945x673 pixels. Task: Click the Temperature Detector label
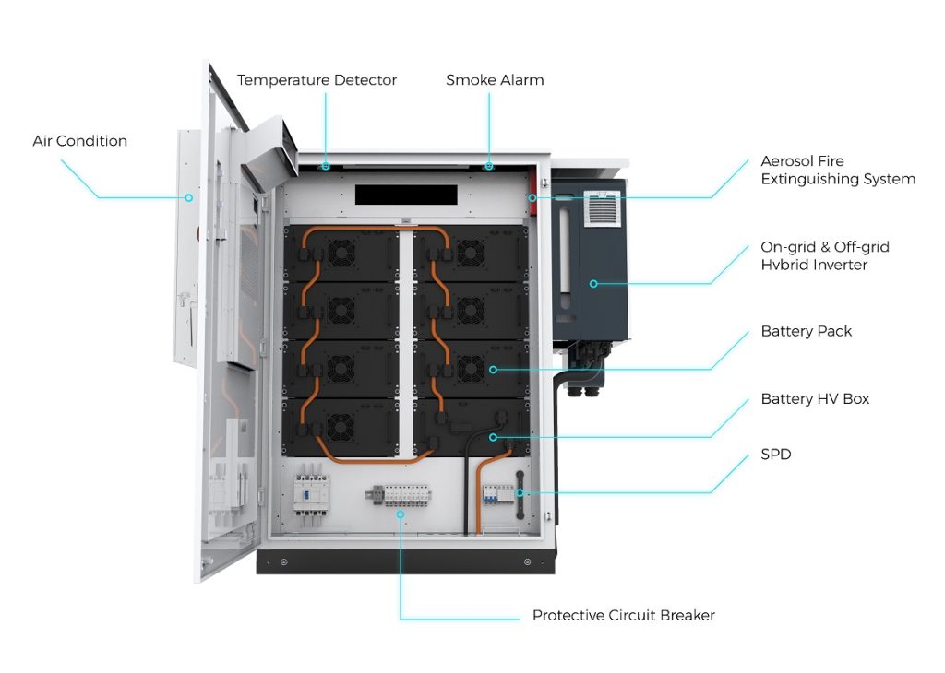coord(317,80)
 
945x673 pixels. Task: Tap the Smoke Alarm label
coord(495,80)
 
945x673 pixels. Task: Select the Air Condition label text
coord(80,141)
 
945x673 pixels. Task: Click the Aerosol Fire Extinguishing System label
coord(838,170)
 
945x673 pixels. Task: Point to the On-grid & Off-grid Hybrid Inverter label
coord(824,256)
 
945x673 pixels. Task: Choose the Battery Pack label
coord(807,331)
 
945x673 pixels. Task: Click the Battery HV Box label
coord(815,398)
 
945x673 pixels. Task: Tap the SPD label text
coord(775,454)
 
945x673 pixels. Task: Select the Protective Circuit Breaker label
coord(624,615)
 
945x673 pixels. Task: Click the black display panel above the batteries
coord(406,195)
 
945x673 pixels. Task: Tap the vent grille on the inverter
coord(602,208)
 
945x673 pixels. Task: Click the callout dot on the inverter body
coord(593,284)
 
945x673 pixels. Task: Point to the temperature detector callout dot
coord(326,166)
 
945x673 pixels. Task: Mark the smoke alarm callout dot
coord(489,166)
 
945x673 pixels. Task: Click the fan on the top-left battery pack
coord(341,253)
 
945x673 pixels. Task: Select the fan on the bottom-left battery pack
coord(341,427)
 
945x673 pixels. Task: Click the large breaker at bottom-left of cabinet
coord(311,493)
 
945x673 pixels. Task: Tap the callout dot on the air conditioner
coord(188,197)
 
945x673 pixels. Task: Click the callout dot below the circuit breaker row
coord(401,514)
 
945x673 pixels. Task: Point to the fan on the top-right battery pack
coord(471,253)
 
